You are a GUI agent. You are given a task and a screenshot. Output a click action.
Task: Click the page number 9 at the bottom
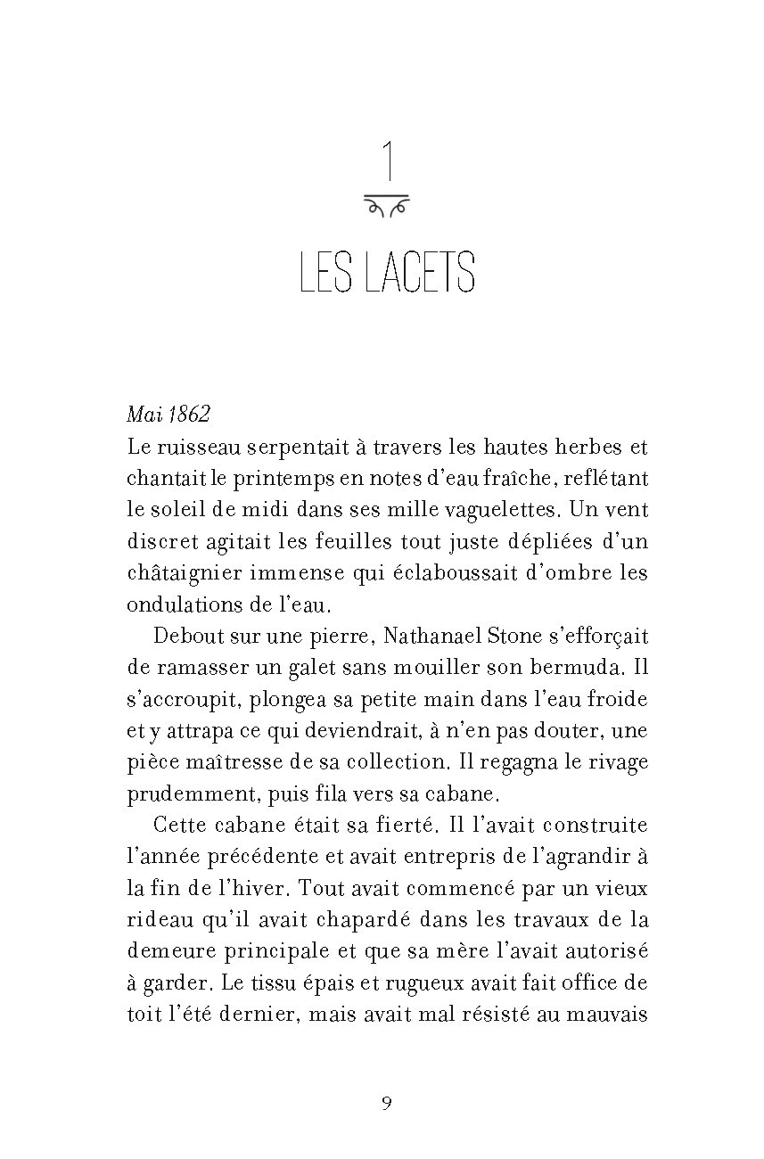386,1103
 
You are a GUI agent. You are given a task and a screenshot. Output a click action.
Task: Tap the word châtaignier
177,573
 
